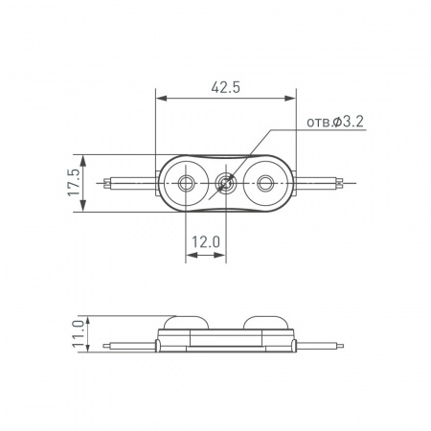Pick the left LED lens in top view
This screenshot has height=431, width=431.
tap(187, 182)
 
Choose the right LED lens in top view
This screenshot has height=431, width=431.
tap(264, 182)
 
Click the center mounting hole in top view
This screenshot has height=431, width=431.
tap(226, 182)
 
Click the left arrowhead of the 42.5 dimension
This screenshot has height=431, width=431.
tap(159, 98)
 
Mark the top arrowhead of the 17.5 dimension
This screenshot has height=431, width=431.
tap(87, 156)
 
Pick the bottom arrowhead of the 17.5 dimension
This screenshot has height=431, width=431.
tap(87, 208)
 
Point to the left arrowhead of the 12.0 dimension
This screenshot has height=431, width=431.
tap(188, 256)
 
